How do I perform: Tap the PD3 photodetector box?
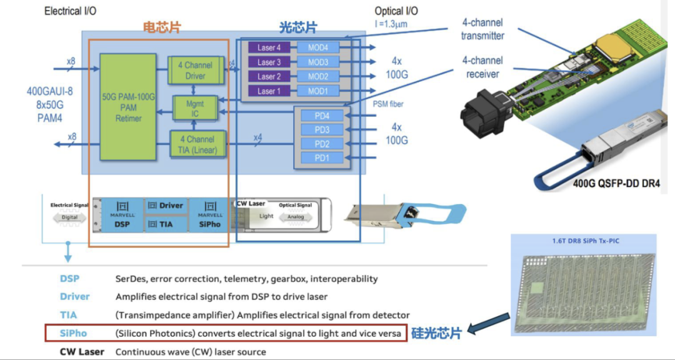(x=322, y=130)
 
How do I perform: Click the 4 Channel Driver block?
(x=195, y=70)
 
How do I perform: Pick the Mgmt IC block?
(x=195, y=109)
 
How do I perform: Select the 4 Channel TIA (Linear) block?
(x=195, y=144)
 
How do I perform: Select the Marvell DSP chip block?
(x=122, y=215)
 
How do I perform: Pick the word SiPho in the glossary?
(x=73, y=333)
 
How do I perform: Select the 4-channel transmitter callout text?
(x=482, y=29)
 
